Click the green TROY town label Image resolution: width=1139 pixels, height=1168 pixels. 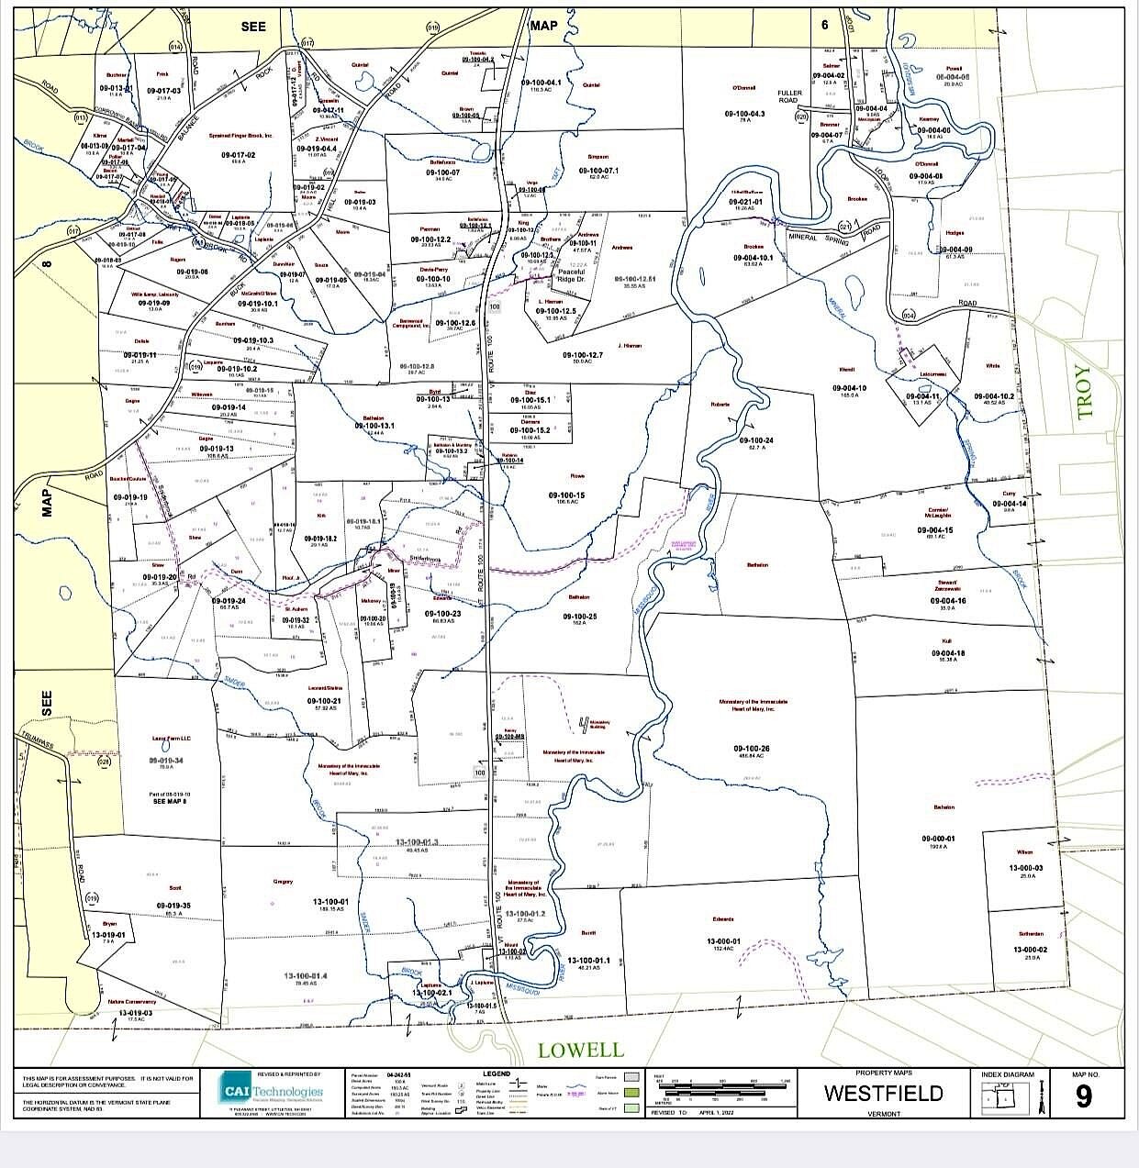click(x=1086, y=392)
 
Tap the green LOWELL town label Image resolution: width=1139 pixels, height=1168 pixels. click(x=580, y=1050)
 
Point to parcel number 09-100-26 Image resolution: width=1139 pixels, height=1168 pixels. click(x=752, y=749)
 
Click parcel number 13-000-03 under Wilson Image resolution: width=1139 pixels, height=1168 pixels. click(x=1027, y=867)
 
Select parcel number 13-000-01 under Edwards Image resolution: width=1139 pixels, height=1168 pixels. click(x=723, y=940)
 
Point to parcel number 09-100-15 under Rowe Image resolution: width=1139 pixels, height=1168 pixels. click(x=566, y=495)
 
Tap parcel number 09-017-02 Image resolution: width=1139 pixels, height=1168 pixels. click(x=238, y=154)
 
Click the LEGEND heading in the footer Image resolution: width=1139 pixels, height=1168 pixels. click(x=496, y=1073)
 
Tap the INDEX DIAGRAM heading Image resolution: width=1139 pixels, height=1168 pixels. click(x=1007, y=1074)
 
